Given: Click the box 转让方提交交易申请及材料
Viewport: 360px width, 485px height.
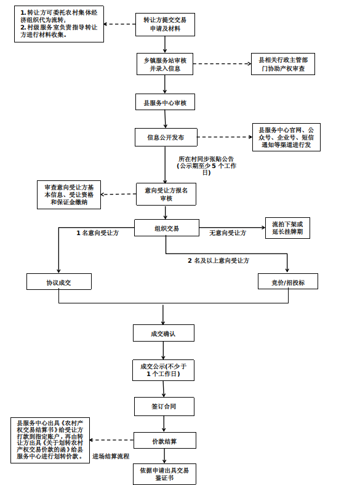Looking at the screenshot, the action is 165,25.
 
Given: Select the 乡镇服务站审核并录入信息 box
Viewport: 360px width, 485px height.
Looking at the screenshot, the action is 165,64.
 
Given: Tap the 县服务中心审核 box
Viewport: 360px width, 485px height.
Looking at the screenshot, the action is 165,102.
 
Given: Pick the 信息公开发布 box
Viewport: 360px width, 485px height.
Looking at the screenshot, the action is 166,137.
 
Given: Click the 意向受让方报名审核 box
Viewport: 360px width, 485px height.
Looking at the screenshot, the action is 166,194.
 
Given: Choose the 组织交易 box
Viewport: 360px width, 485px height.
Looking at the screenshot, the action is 167,228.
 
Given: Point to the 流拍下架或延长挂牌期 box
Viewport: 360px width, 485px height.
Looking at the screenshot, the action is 287,228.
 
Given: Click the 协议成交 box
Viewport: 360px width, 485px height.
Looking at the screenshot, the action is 59,282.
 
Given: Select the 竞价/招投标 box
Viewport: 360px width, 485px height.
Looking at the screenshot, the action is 288,281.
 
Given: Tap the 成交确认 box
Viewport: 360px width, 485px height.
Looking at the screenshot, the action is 164,333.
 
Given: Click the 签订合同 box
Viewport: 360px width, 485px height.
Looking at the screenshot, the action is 164,406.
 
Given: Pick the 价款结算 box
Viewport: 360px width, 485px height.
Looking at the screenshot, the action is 165,441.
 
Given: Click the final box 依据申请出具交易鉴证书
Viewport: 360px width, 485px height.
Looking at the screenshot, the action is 164,474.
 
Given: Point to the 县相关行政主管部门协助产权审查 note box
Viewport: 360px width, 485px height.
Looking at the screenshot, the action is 283,64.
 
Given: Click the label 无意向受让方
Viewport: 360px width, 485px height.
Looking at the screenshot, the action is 228,233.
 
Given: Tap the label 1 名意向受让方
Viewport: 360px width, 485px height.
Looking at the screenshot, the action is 98,233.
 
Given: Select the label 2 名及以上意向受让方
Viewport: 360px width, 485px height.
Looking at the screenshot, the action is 218,261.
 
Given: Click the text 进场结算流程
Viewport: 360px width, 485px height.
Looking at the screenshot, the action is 111,456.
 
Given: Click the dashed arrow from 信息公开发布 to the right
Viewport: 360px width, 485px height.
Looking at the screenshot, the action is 225,137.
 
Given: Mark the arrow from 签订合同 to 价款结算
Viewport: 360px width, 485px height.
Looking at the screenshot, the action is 164,423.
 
